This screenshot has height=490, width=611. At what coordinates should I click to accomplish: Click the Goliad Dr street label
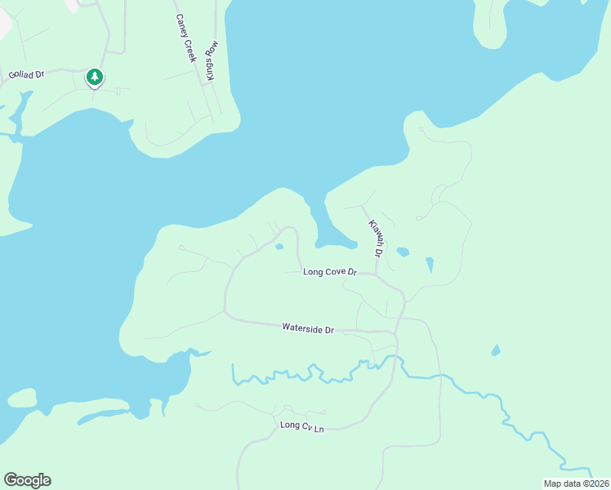point(26,74)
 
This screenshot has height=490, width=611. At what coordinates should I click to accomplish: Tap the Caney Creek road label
point(186,38)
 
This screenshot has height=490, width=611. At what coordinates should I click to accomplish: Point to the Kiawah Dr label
point(375,238)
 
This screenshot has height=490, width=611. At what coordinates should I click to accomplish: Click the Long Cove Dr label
point(330,271)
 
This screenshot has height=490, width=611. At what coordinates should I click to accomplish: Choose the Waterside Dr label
point(308,328)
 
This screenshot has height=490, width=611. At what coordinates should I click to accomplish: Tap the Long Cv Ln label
point(301,425)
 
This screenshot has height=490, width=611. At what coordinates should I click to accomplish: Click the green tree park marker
point(95,77)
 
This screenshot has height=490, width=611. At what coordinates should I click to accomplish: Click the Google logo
point(27,480)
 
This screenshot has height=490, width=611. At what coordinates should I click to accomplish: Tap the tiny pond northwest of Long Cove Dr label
point(279,247)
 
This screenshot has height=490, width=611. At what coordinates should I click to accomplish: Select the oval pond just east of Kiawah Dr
point(403,252)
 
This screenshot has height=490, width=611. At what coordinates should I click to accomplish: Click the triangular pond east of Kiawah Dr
point(430,265)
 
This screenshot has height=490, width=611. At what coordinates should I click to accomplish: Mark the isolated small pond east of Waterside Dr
point(496,350)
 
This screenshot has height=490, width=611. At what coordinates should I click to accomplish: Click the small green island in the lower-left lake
point(23,399)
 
